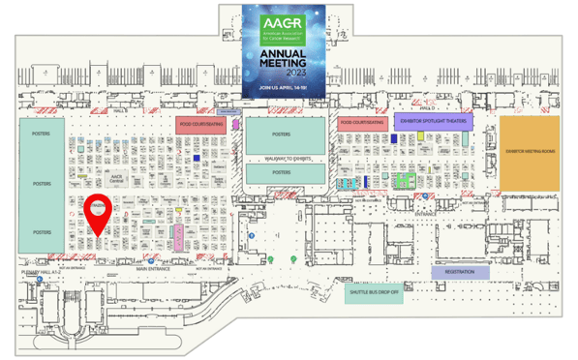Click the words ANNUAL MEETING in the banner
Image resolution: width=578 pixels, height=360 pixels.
coord(285,59)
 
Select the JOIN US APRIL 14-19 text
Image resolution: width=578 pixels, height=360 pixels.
coord(285,88)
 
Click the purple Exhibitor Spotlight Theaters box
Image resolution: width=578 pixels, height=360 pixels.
coord(429,122)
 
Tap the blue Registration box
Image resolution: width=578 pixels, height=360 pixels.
coord(459,272)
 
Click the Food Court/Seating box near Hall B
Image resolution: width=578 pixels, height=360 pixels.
coord(199,124)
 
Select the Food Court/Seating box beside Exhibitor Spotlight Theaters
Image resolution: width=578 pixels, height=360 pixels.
coord(363,123)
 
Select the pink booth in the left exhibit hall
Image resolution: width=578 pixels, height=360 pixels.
coord(179,234)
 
